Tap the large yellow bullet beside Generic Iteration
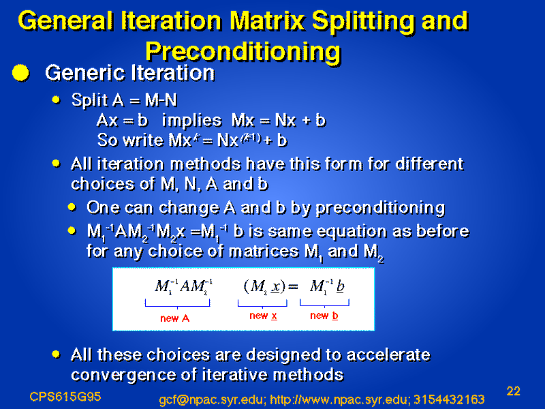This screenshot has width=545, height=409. point(20,73)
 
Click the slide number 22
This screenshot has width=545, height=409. point(514,391)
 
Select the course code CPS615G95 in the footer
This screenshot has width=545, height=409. point(65,397)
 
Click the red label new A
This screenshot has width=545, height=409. point(175,318)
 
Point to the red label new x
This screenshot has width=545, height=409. point(263,316)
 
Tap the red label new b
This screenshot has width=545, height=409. point(324,316)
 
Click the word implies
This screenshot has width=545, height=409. point(192,121)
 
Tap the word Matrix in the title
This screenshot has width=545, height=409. point(267,20)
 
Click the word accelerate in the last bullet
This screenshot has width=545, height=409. point(388,355)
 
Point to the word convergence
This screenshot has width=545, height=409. point(129,375)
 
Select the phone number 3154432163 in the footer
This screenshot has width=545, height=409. point(449,399)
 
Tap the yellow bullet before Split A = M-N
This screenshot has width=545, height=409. point(56,100)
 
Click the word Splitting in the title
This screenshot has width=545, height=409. point(363,22)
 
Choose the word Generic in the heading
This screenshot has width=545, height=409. point(85,73)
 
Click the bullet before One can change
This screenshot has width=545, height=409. point(72,207)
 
